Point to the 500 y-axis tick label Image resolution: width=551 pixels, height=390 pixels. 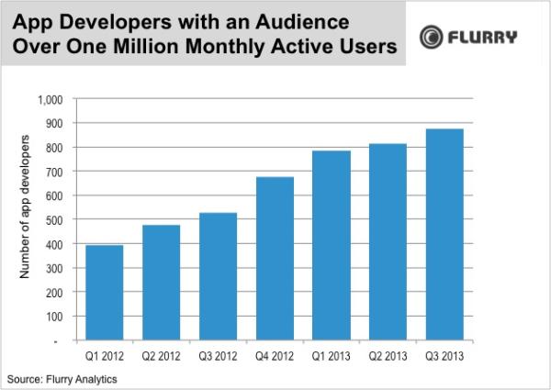coord(59,219)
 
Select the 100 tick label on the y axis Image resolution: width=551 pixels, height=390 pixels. coord(59,316)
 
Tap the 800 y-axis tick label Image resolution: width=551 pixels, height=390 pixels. coord(59,147)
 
